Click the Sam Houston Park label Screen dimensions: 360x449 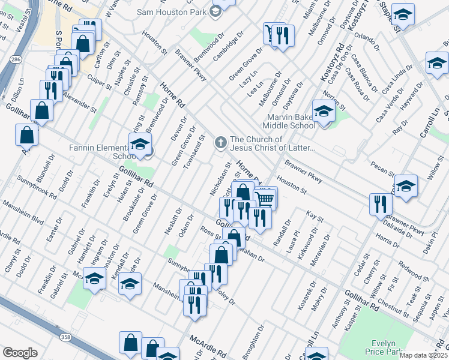(x=170, y=12)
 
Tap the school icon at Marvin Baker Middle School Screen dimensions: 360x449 (x=324, y=112)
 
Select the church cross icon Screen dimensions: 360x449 (x=220, y=142)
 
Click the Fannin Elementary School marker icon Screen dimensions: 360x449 (x=140, y=145)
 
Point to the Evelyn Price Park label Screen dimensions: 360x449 (x=384, y=346)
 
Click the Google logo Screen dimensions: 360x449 (x=20, y=353)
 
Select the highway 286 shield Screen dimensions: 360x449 (x=13, y=61)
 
